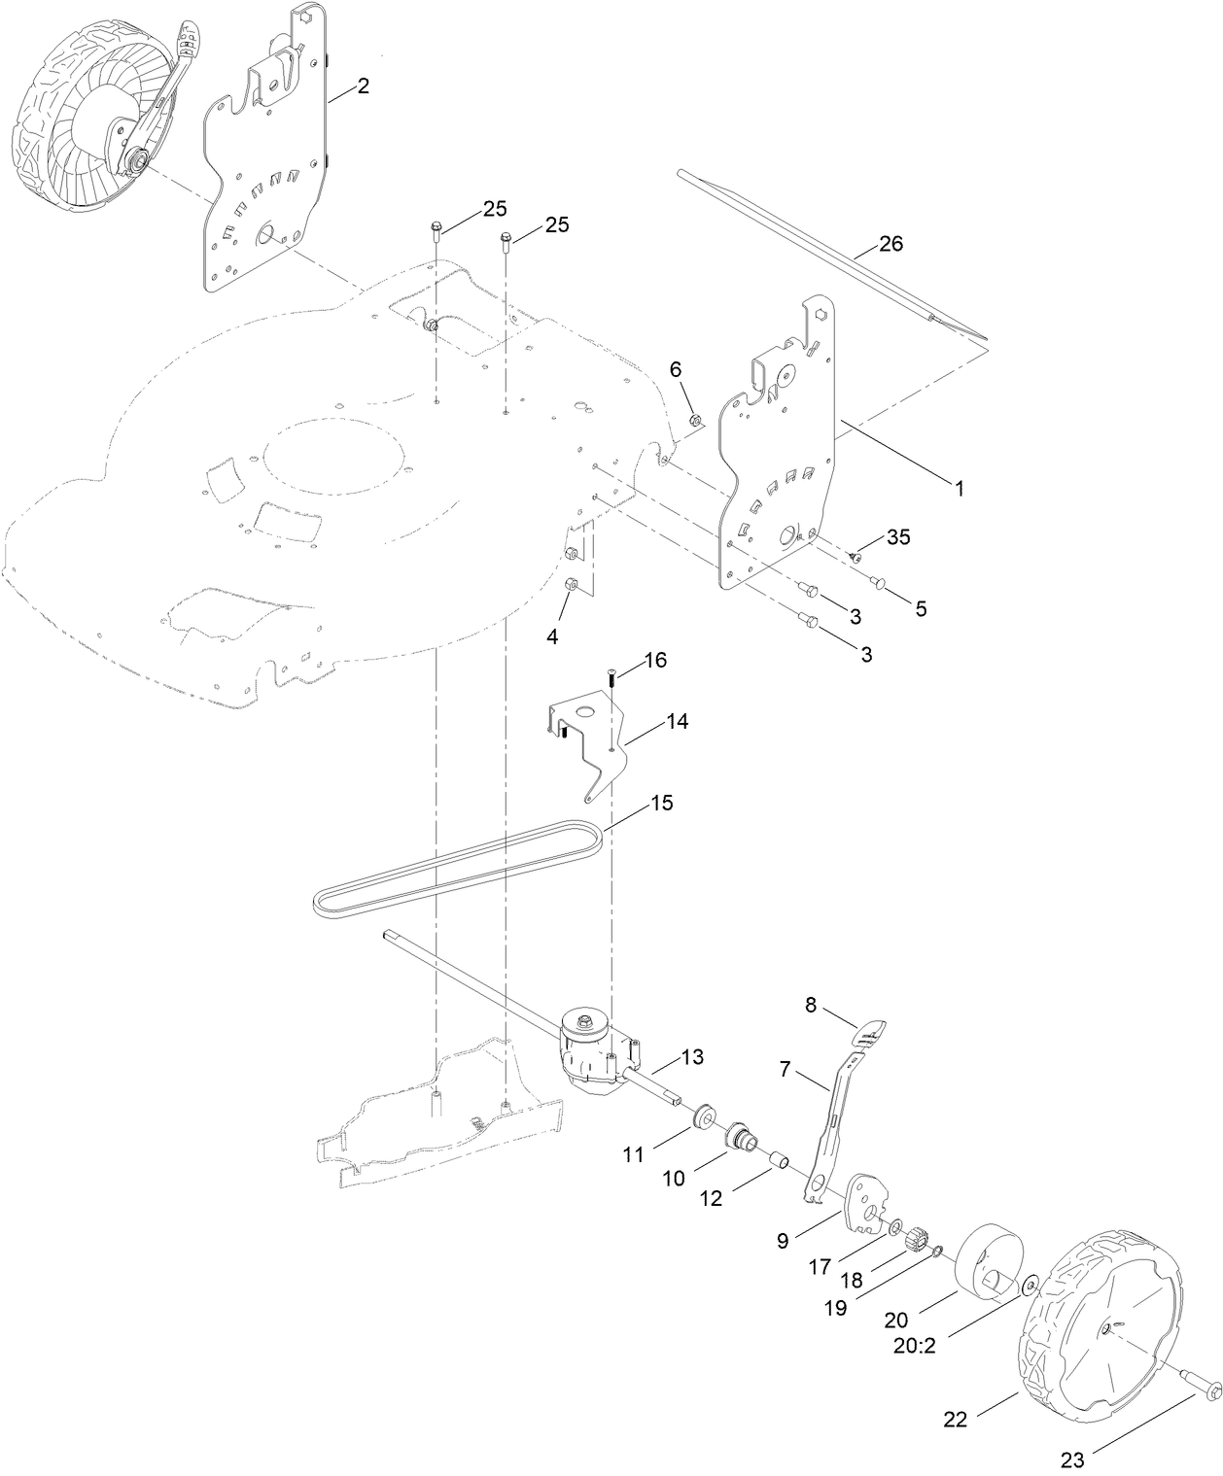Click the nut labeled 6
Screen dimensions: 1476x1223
(695, 420)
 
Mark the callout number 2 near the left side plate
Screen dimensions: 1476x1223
(363, 86)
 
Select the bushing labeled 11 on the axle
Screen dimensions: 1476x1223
(698, 1114)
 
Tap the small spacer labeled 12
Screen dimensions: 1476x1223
(777, 1161)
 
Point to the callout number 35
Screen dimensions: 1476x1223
(897, 537)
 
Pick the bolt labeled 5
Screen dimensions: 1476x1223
(880, 582)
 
